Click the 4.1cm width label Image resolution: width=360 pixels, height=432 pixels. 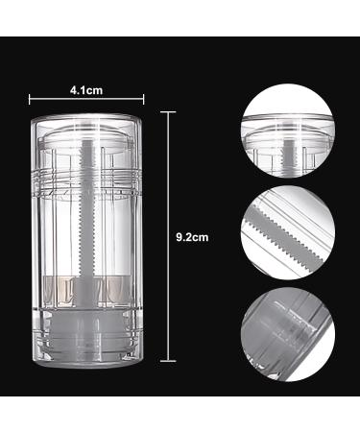click(86, 90)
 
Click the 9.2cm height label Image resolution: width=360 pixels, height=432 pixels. click(192, 237)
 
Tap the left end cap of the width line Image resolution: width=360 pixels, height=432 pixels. click(30, 99)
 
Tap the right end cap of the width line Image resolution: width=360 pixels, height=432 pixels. click(143, 99)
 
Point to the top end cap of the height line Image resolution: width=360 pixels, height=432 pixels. click(168, 112)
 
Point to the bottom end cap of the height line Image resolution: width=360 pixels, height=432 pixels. click(168, 361)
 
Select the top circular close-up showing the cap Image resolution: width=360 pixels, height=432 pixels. click(288, 131)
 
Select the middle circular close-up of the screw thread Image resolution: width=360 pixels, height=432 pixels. click(288, 232)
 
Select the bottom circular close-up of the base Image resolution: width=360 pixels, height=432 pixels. click(288, 334)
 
